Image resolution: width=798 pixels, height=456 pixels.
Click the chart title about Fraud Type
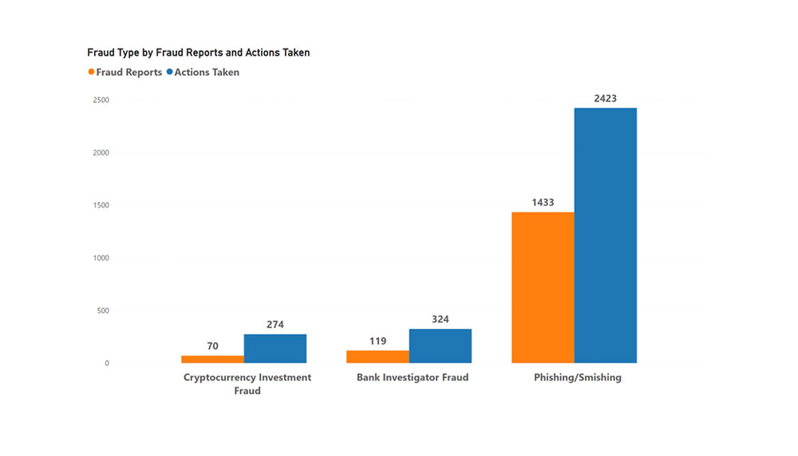(198, 53)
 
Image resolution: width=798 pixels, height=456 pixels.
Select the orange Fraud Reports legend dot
(91, 73)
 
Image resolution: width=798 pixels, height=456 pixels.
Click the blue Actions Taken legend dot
(169, 73)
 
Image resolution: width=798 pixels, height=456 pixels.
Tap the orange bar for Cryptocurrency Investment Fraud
(212, 359)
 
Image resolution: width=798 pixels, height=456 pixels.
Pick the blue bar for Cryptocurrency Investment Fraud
(275, 348)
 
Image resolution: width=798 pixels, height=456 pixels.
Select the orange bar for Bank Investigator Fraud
(377, 356)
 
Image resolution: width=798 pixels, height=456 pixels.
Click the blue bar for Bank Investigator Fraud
(440, 346)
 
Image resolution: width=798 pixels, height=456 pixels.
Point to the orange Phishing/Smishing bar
(543, 287)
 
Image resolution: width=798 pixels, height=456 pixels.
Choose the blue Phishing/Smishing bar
(606, 236)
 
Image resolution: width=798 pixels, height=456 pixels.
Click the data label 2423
(606, 99)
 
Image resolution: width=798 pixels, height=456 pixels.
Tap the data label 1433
(543, 203)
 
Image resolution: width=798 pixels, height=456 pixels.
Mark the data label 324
(440, 319)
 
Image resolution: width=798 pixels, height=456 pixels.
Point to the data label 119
(377, 341)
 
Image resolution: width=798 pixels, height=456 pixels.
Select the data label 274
(275, 325)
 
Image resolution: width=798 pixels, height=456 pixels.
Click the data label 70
(212, 347)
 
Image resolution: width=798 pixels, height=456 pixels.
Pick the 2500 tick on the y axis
(101, 100)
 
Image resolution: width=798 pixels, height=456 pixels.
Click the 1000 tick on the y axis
(101, 258)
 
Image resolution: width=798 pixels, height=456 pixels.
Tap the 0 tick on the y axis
(106, 363)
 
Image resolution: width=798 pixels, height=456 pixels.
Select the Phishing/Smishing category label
(577, 378)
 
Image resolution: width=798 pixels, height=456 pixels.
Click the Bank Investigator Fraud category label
(412, 378)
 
